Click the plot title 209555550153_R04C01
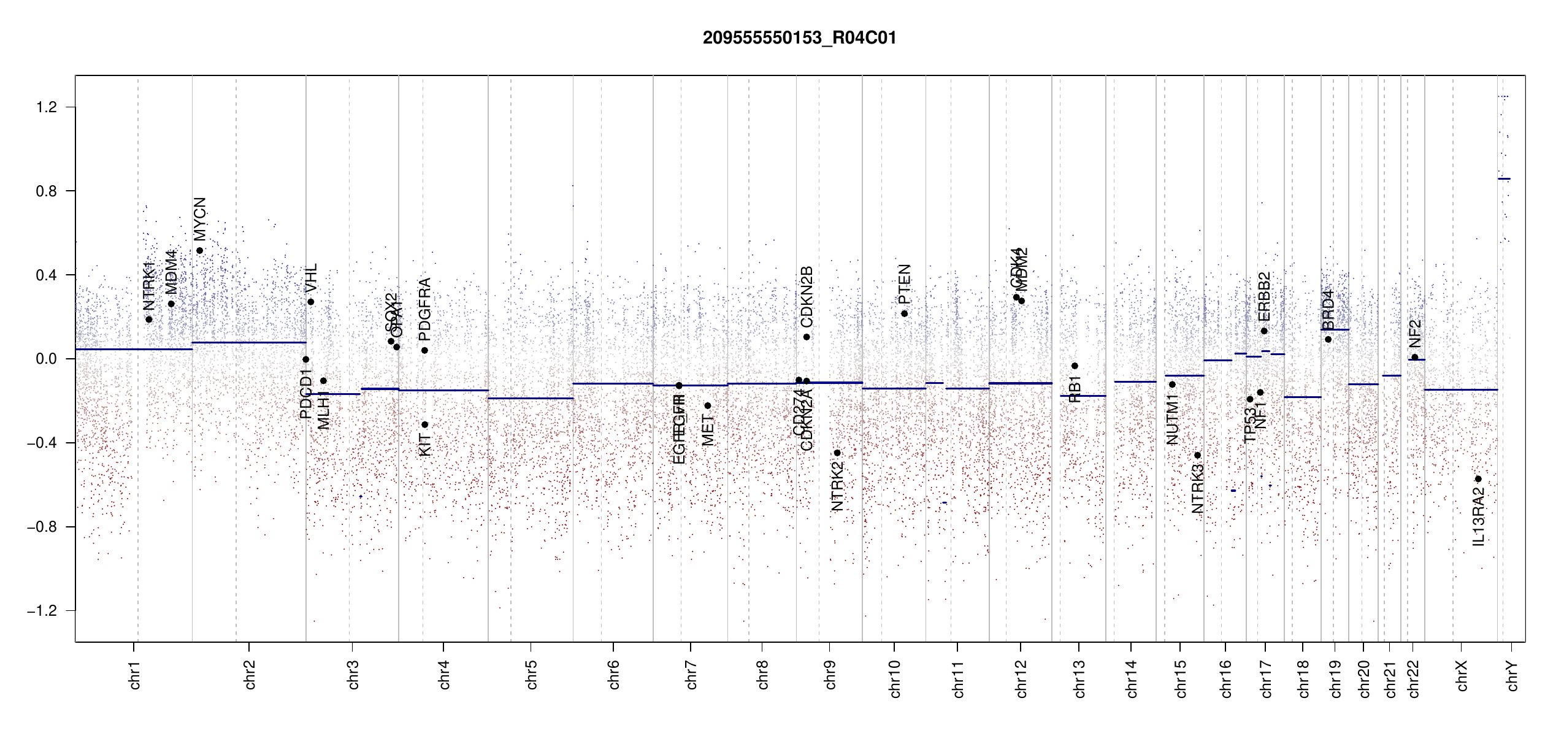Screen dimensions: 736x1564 (x=799, y=38)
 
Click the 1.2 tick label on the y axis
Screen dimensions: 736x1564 (x=46, y=107)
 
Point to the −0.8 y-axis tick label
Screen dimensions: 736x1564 (x=42, y=527)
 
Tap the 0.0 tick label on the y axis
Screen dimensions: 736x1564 (x=46, y=359)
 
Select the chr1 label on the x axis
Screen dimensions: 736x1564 (x=134, y=675)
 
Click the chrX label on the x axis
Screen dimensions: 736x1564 (x=1462, y=675)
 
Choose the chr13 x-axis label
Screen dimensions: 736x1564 (x=1079, y=678)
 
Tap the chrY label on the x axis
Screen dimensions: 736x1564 (x=1512, y=675)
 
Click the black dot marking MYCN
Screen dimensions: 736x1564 (x=199, y=251)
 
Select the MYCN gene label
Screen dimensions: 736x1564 (x=200, y=219)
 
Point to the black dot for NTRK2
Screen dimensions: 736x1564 (x=837, y=453)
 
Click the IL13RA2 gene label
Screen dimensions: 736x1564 (x=1479, y=516)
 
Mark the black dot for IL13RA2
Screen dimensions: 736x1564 (x=1478, y=479)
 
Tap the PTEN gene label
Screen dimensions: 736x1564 (x=904, y=284)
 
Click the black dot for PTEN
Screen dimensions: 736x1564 (x=904, y=314)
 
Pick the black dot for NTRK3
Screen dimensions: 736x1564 (x=1197, y=455)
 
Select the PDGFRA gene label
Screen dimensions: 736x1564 (x=424, y=309)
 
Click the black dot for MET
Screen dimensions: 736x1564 (x=708, y=405)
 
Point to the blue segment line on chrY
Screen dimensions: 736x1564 (x=1504, y=178)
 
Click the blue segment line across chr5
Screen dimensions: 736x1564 (x=531, y=398)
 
